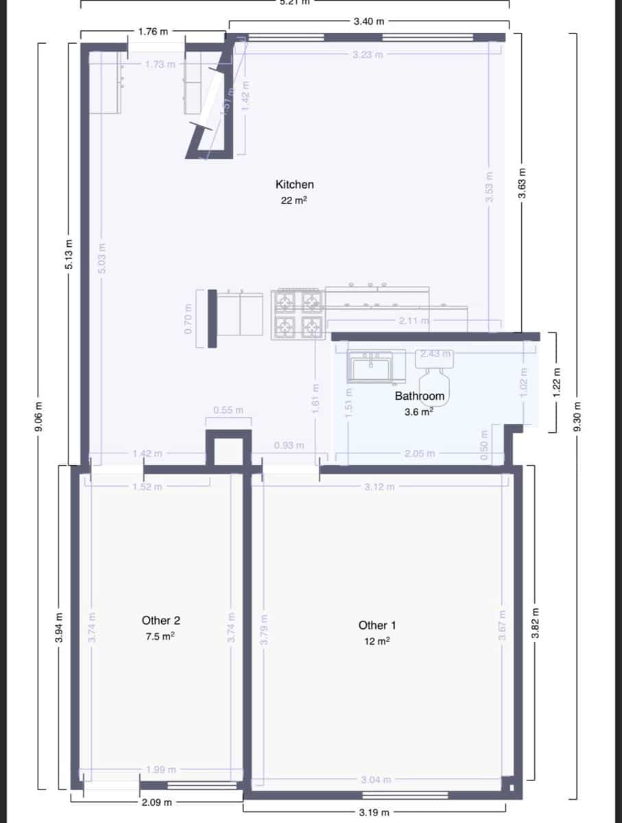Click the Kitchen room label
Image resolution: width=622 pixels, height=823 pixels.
[x=294, y=184]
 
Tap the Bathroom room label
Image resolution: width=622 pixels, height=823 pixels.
[x=419, y=396]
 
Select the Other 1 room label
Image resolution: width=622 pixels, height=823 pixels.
[x=377, y=625]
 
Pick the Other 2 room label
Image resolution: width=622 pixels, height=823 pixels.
[x=161, y=620]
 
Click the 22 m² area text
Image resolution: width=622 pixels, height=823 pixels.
[x=294, y=201]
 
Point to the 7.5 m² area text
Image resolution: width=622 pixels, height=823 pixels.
[x=161, y=636]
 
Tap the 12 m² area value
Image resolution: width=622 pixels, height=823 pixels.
[x=377, y=641]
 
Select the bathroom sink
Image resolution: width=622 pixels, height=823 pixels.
[x=370, y=366]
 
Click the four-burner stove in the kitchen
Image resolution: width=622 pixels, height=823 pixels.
[x=298, y=314]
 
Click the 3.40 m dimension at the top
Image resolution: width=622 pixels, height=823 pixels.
[x=368, y=22]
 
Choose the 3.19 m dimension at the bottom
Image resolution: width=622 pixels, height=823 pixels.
[x=374, y=813]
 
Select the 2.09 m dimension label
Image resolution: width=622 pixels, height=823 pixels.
[x=157, y=802]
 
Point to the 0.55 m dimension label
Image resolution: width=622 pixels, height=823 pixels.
[x=228, y=410]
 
